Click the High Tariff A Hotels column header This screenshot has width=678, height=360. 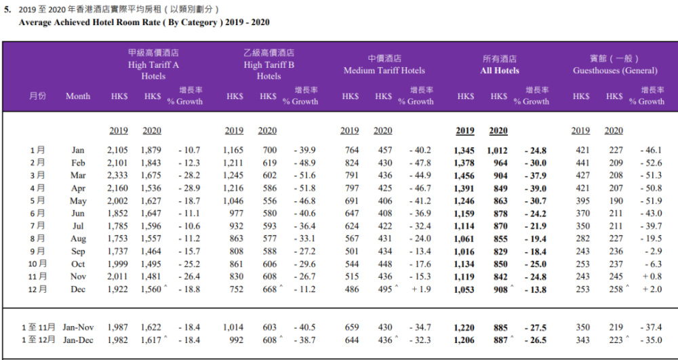pos(153,65)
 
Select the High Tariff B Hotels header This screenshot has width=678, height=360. pos(268,65)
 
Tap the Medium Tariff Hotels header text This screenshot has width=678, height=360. pos(384,71)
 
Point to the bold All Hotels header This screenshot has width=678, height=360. pos(500,71)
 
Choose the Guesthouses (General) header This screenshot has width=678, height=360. pos(615,71)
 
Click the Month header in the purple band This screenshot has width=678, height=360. pos(78,96)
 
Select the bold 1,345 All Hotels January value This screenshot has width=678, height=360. pos(465,151)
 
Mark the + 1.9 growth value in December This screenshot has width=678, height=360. pos(420,289)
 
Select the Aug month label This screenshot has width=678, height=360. pos(78,239)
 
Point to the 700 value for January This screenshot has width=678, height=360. pos(268,151)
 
